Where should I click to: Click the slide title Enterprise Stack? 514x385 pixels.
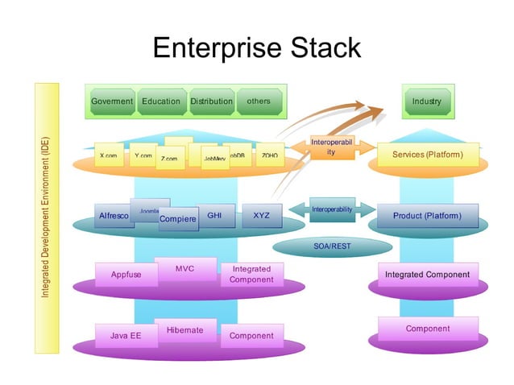[x=257, y=48]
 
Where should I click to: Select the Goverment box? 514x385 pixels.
[x=112, y=101]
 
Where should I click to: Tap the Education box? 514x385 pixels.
[x=161, y=101]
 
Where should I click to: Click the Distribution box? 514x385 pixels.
[x=211, y=101]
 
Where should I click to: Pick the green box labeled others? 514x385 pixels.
[x=259, y=101]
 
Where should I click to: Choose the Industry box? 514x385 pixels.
[x=426, y=101]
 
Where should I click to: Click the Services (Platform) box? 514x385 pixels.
[x=427, y=154]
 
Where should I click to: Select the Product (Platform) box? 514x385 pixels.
[x=427, y=216]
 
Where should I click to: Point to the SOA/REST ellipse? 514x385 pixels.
[x=332, y=246]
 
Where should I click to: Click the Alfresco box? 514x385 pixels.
[x=114, y=216]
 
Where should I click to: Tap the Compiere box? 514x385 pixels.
[x=178, y=219]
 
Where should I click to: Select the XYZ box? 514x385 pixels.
[x=262, y=216]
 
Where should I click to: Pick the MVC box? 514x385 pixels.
[x=184, y=267]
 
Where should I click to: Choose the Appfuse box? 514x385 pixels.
[x=126, y=275]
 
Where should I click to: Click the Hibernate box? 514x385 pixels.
[x=184, y=329]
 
